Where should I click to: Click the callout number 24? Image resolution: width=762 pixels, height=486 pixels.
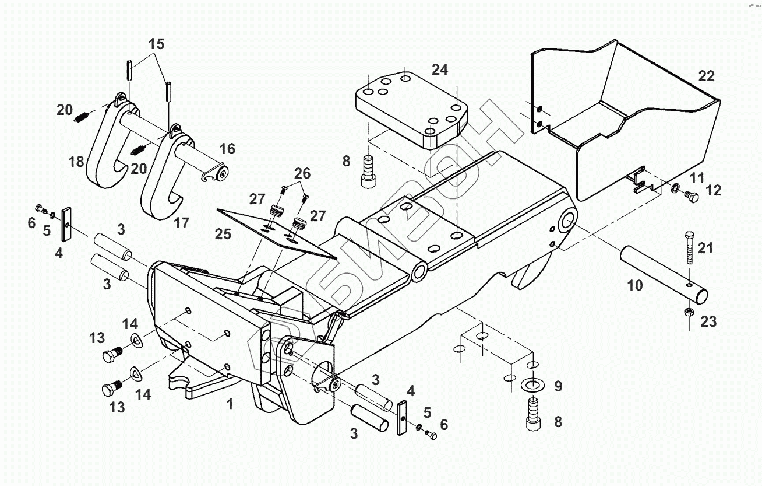pyautogui.click(x=440, y=69)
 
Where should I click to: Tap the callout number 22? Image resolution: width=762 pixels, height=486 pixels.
pyautogui.click(x=706, y=76)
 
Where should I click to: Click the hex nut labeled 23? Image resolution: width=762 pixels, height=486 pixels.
pyautogui.click(x=687, y=312)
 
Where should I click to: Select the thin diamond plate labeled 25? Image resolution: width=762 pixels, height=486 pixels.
pyautogui.click(x=274, y=230)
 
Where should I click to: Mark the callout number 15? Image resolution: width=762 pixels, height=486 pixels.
pyautogui.click(x=156, y=44)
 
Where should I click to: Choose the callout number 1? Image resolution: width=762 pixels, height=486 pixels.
pyautogui.click(x=230, y=403)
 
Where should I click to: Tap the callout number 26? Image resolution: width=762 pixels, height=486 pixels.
pyautogui.click(x=302, y=173)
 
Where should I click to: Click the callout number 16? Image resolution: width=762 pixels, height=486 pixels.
pyautogui.click(x=227, y=149)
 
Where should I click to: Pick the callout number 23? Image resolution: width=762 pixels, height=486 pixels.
pyautogui.click(x=708, y=321)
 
